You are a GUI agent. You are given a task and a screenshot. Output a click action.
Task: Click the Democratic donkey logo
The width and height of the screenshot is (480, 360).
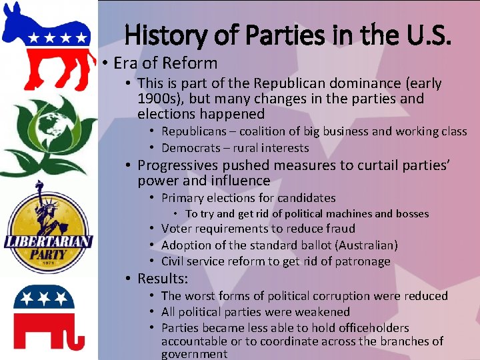(47, 45)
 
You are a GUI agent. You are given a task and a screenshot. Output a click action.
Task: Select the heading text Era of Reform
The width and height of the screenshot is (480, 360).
(165, 63)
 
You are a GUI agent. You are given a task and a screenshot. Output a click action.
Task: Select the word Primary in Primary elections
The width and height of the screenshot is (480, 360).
(182, 197)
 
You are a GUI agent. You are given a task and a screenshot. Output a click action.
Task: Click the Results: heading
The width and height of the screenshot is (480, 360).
(163, 279)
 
